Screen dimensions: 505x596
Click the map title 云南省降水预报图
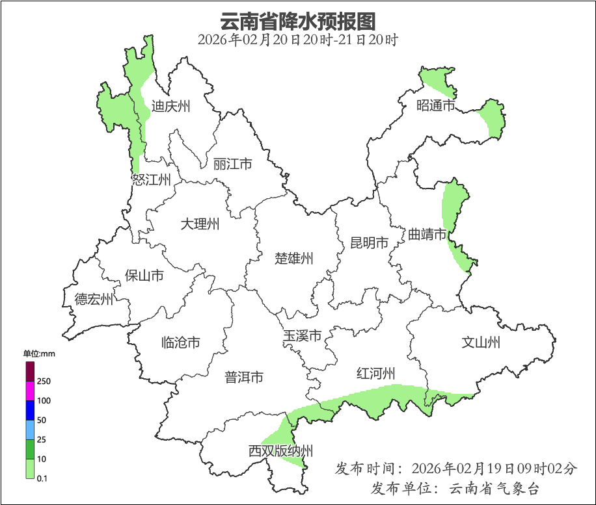coord(298,21)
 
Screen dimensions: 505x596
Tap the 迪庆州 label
coord(170,106)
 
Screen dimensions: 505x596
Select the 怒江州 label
coord(151,180)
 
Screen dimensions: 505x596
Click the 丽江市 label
coord(232,164)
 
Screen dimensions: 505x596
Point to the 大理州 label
coord(200,225)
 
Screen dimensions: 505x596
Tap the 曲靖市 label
coord(427,234)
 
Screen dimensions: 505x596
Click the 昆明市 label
coord(369,243)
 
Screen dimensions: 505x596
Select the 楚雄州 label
coord(294,259)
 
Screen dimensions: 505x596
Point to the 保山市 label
coord(144,276)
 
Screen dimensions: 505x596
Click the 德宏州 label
coord(94,300)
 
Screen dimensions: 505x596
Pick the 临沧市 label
coord(180,343)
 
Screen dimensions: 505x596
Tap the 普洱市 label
coord(244,377)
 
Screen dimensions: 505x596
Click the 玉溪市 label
coord(302,337)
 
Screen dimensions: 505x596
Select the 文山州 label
coord(481,343)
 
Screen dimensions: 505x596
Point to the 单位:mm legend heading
coord(39,354)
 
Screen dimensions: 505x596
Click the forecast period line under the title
coord(298,40)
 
